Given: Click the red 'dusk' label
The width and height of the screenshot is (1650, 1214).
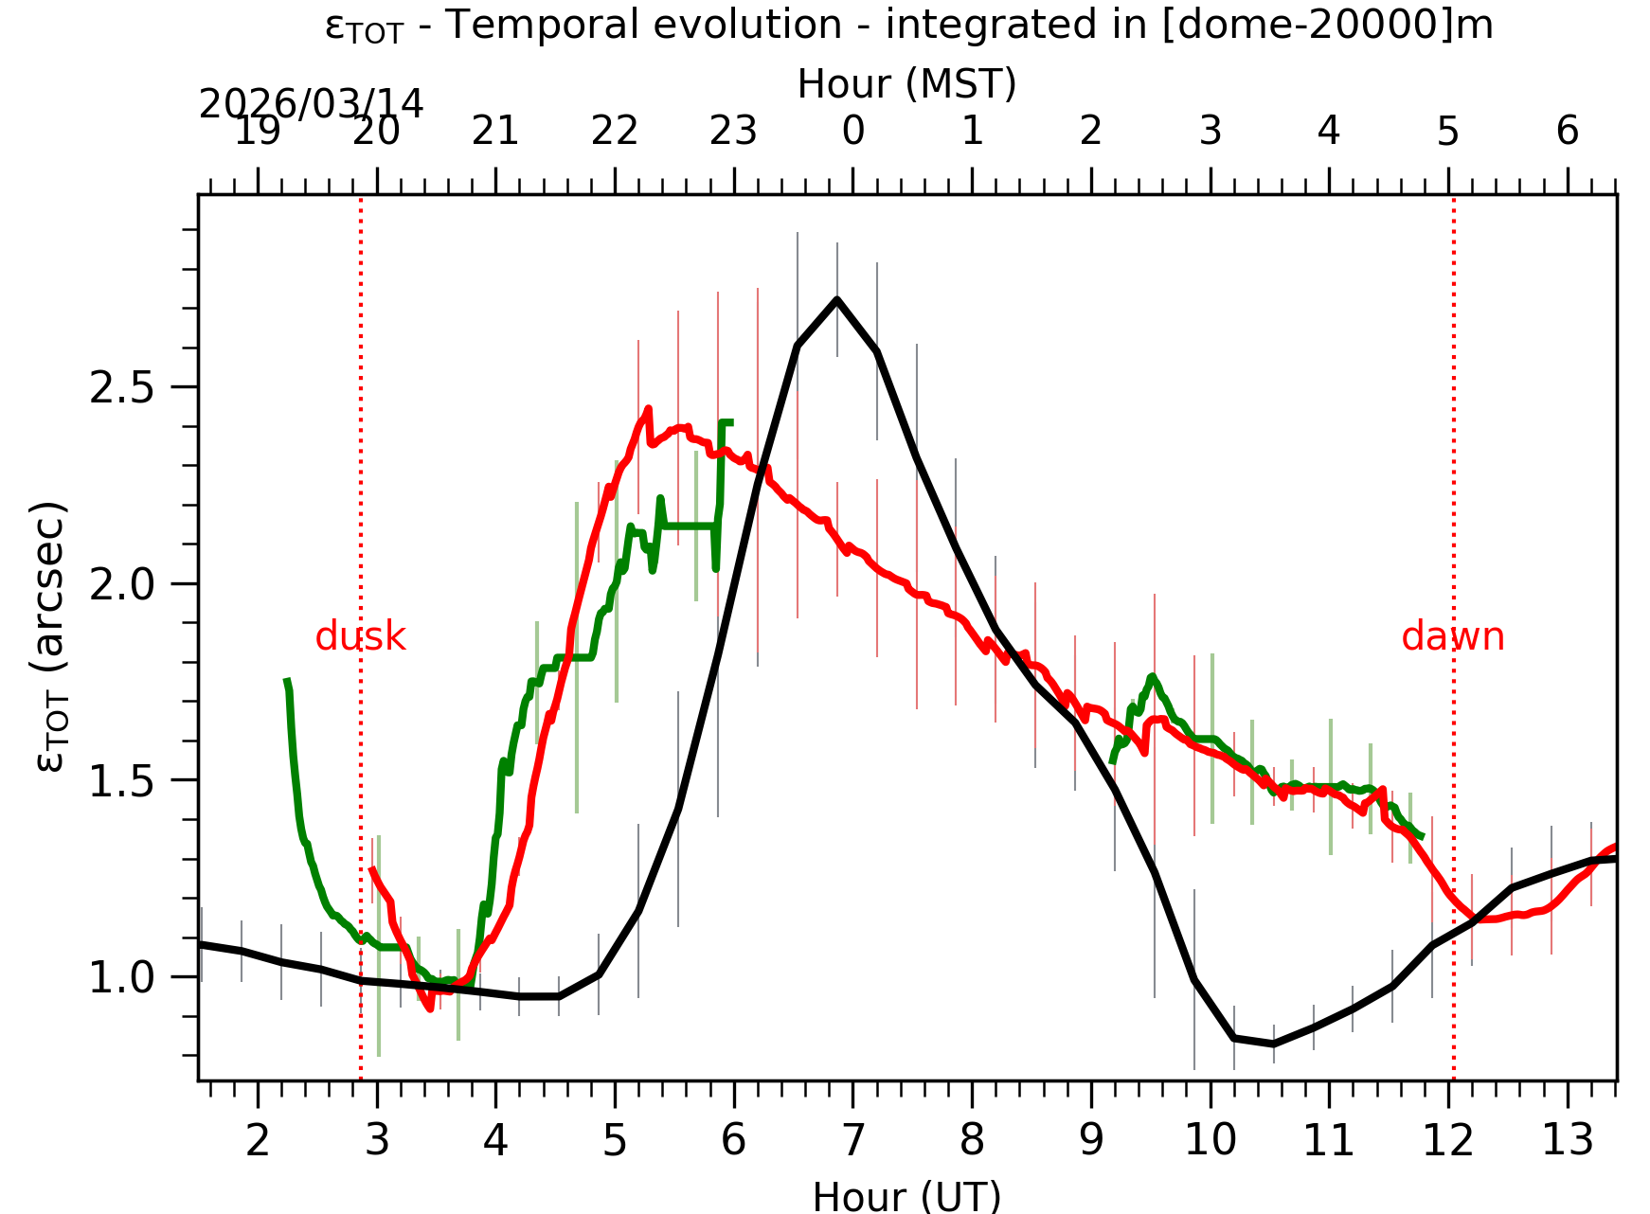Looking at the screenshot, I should (360, 637).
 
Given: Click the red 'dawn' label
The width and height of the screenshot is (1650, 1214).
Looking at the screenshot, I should (1452, 637).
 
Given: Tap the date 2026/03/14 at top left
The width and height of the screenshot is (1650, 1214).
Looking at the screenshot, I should (311, 104).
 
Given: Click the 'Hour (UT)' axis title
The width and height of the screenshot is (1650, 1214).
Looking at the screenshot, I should (906, 1196).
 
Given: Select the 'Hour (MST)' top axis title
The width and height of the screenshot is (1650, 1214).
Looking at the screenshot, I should (906, 84).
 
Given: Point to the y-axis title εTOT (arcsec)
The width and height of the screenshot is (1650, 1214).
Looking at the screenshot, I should (49, 636).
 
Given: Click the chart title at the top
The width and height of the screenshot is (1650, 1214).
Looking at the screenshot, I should (908, 26).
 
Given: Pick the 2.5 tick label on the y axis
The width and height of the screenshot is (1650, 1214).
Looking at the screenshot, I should (121, 388).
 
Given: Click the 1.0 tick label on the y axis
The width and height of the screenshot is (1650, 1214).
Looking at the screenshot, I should (121, 978).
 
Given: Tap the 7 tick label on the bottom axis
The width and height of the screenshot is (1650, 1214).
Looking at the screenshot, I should (852, 1141).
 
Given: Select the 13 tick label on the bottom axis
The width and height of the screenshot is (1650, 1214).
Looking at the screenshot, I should (1567, 1141).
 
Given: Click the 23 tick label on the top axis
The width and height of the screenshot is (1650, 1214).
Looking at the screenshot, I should (733, 132).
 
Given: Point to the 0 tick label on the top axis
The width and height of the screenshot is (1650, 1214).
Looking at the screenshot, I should (852, 132).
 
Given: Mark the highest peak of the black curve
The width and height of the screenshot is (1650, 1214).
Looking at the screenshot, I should (837, 299).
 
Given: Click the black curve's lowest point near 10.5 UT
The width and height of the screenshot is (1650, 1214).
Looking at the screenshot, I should (1273, 1044).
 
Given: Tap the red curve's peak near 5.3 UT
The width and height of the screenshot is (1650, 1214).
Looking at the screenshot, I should (648, 409).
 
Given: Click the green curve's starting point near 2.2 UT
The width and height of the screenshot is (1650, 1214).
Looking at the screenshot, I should (287, 680).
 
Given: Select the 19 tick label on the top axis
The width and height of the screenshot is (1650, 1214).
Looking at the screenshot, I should (258, 132).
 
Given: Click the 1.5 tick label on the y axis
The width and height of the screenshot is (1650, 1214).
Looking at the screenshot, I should (121, 782).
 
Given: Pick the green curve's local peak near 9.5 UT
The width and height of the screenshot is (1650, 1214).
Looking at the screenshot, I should (1152, 676).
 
